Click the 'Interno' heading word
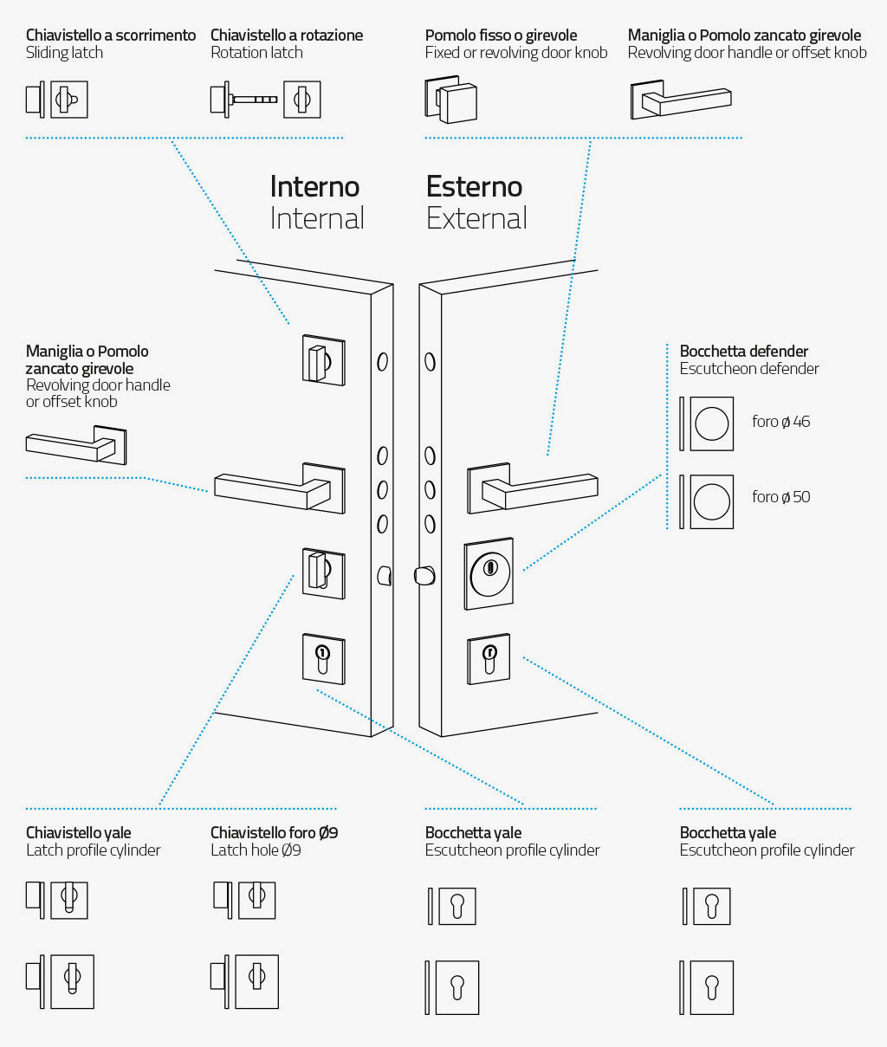click(314, 186)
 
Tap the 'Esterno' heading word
click(474, 186)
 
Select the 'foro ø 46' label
click(780, 422)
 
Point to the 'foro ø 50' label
click(780, 497)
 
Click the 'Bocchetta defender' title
click(743, 351)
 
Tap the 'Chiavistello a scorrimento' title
click(111, 36)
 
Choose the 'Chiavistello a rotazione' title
click(287, 36)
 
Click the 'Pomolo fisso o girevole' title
click(501, 36)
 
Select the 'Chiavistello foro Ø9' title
click(274, 833)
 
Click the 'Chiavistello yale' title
click(79, 833)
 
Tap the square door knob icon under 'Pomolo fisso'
click(450, 100)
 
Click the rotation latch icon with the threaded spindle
click(265, 100)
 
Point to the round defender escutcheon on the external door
click(489, 573)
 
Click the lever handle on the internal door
click(280, 488)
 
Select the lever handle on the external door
click(533, 488)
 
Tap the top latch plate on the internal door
click(324, 359)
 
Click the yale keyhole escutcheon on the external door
click(489, 659)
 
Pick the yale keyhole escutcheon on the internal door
click(324, 659)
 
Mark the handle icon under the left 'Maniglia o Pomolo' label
click(76, 445)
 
